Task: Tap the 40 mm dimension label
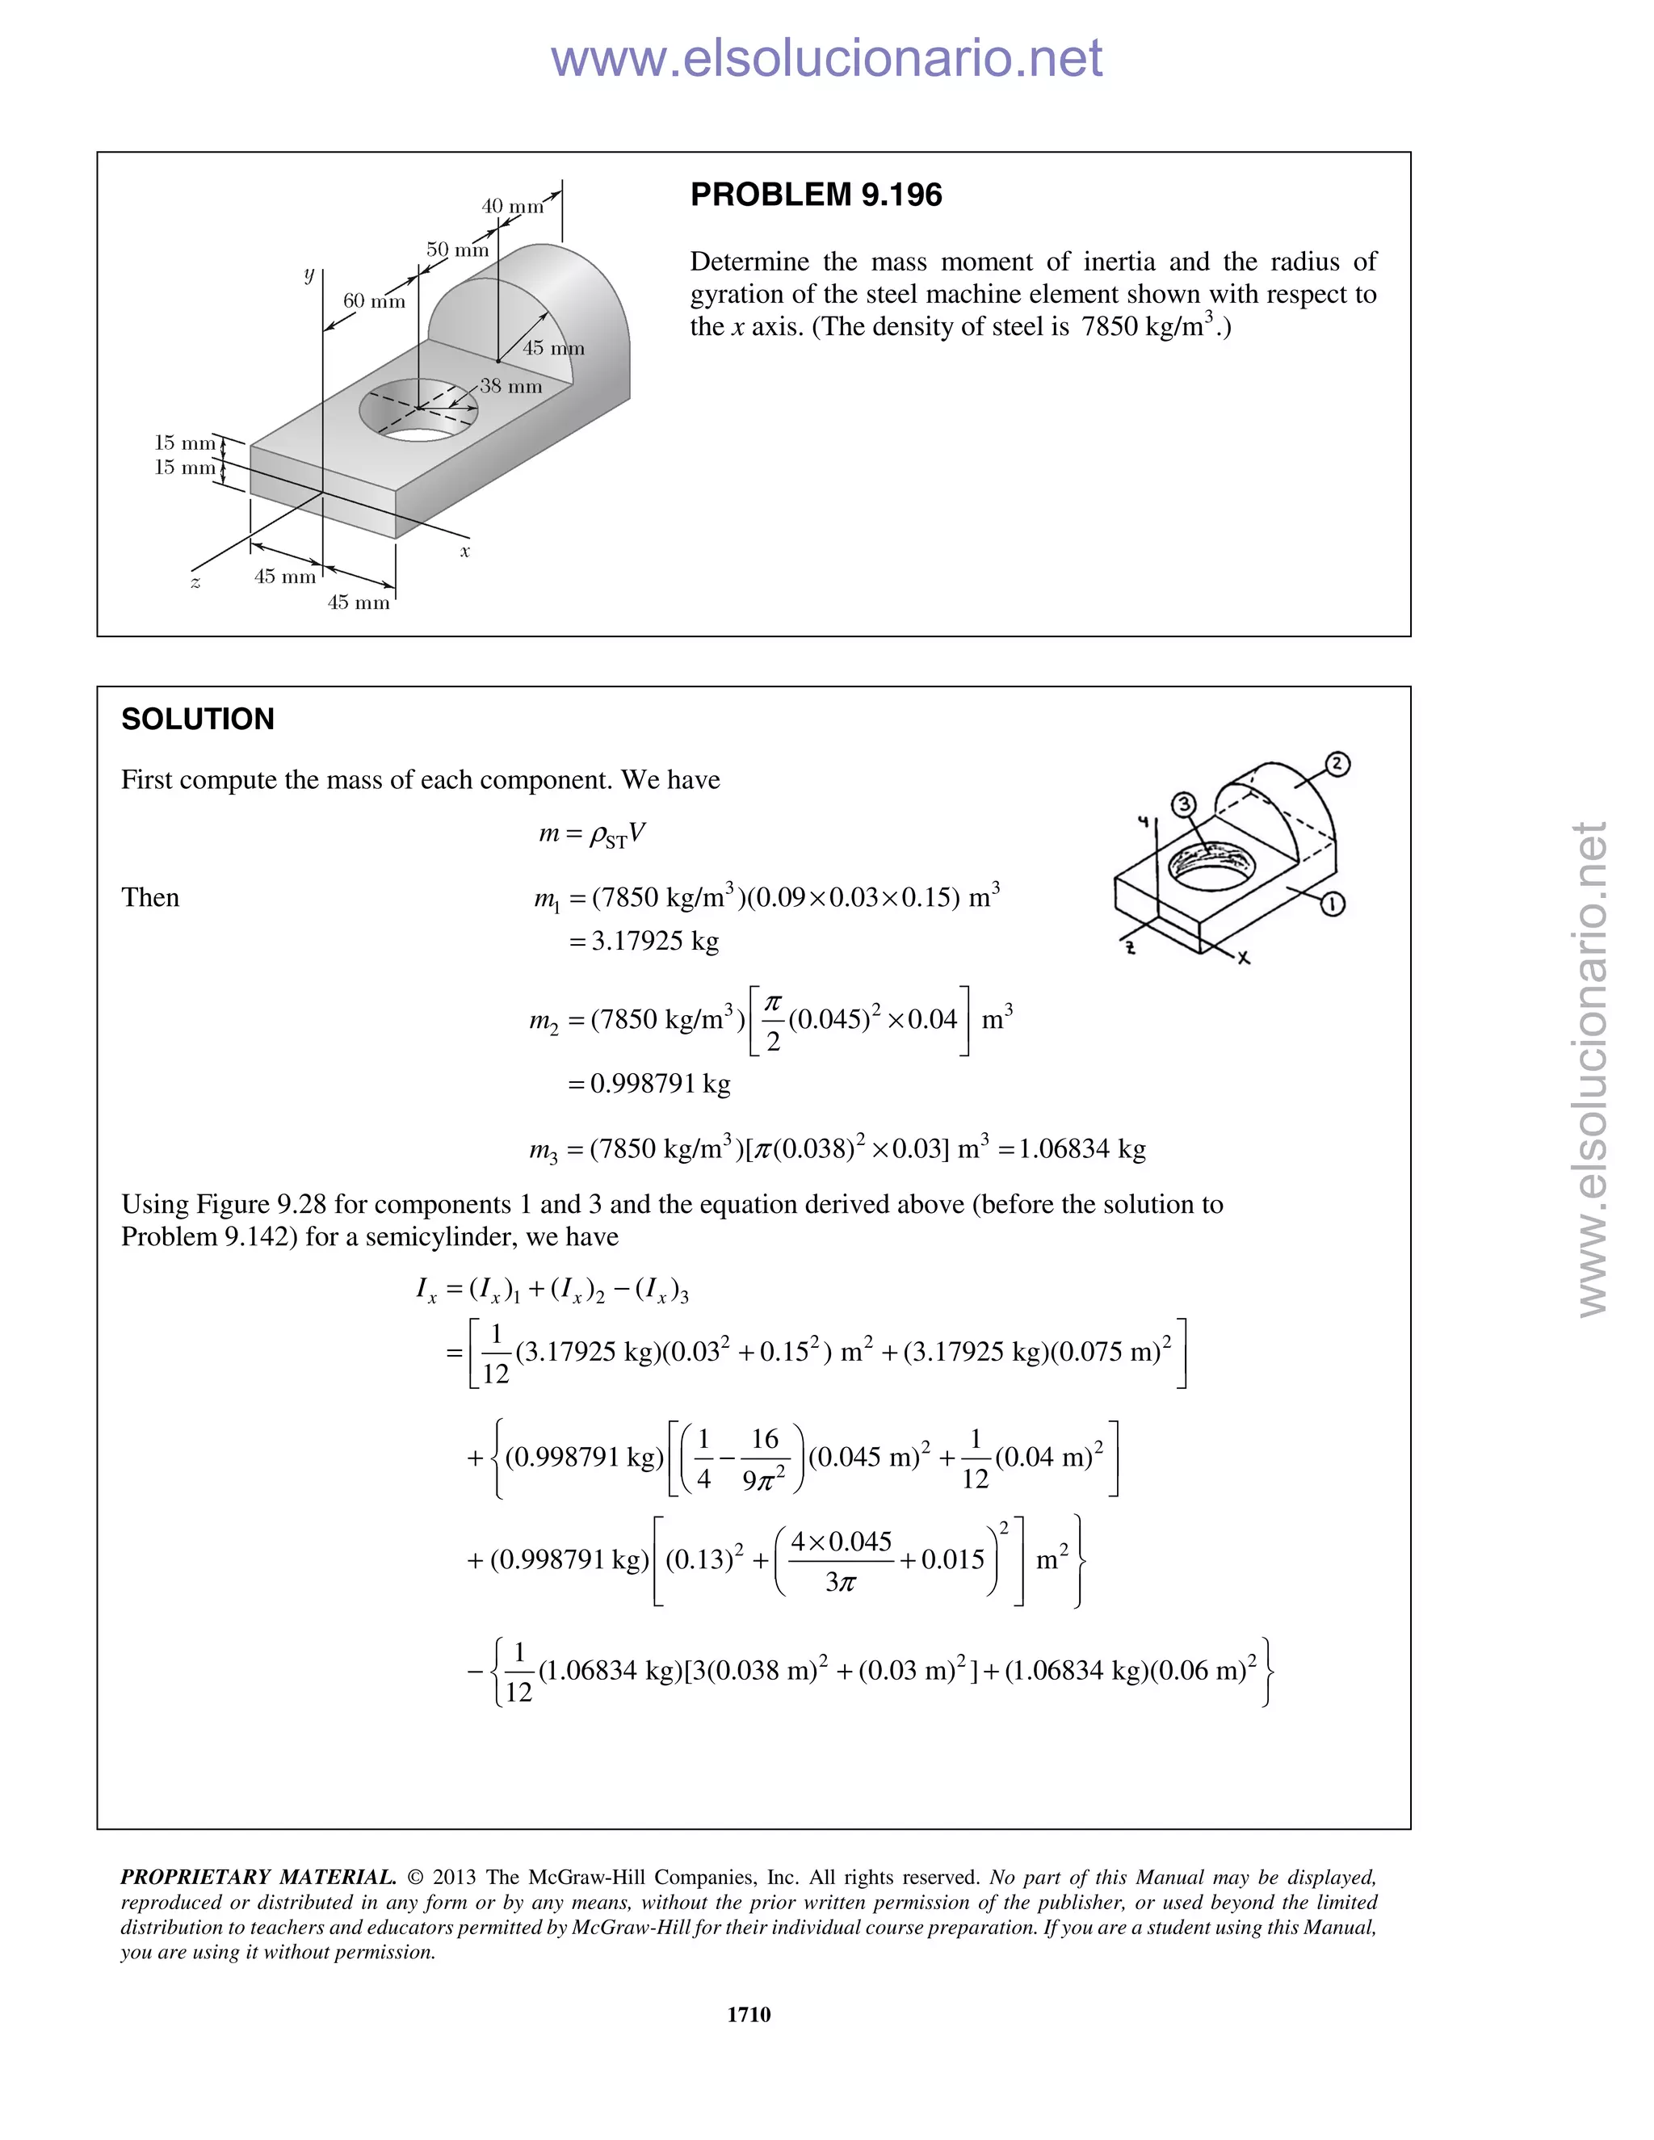511,207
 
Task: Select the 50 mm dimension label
456,250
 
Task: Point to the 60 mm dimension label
373,301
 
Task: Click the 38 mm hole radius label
510,386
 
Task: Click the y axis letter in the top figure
309,275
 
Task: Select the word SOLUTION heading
198,720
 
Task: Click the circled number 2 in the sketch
1337,763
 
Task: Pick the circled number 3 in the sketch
1184,804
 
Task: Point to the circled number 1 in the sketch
1332,904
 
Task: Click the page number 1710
749,2013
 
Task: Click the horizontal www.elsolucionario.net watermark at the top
826,59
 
